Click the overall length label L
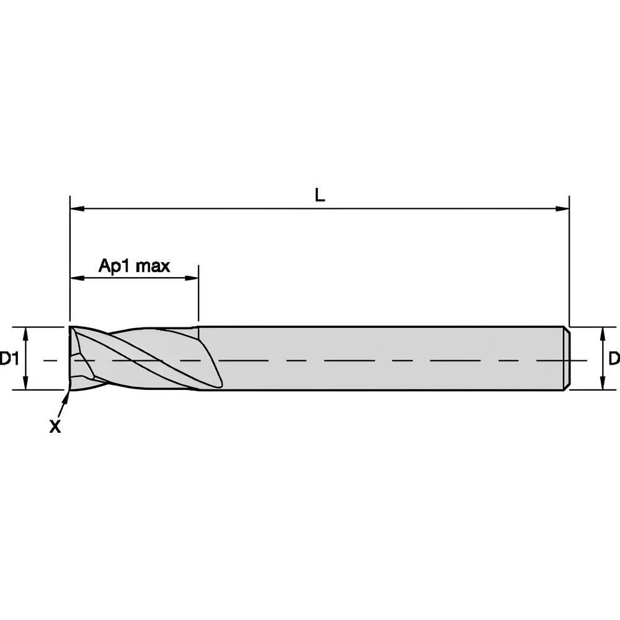[x=319, y=195]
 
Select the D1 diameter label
[x=8, y=358]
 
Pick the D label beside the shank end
[x=613, y=358]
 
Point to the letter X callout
[x=55, y=427]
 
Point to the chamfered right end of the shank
[x=567, y=358]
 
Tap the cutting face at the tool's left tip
[x=77, y=358]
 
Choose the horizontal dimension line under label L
[x=372, y=209]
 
